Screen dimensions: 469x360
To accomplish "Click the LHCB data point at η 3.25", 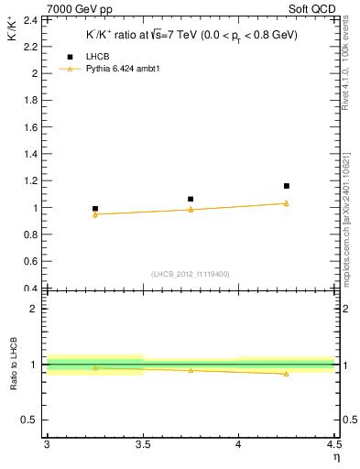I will (x=94, y=209).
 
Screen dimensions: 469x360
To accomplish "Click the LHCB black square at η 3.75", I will (x=191, y=199).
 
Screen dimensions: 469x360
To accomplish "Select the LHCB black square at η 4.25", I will (x=287, y=186).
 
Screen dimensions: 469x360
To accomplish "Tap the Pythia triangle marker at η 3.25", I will (x=94, y=214).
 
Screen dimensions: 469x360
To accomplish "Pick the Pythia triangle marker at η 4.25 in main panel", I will (x=287, y=203).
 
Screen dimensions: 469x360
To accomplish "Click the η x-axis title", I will (x=335, y=456).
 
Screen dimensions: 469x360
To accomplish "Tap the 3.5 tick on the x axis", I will (x=142, y=444).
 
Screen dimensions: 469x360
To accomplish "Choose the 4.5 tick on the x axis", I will (x=334, y=444).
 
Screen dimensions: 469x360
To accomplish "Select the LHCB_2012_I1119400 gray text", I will (x=190, y=274).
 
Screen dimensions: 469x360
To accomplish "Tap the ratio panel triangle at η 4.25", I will (x=287, y=374).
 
